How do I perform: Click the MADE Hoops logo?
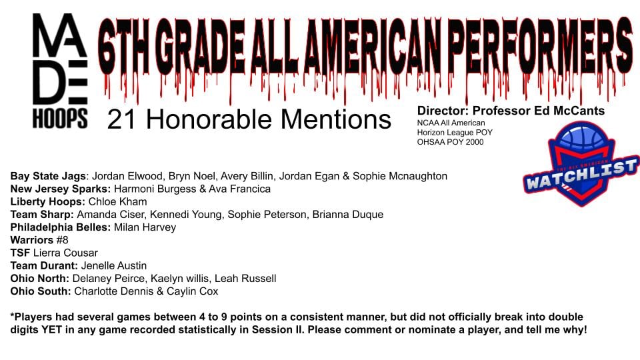[x=60, y=71]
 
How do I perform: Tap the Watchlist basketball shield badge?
[x=581, y=163]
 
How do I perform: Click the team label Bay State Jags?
[x=49, y=176]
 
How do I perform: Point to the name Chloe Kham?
[x=117, y=201]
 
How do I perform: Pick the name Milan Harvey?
[x=145, y=227]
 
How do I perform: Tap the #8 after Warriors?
[x=63, y=240]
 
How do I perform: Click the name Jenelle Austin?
[x=114, y=266]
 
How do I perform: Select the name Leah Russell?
[x=245, y=279]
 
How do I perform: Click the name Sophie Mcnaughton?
[x=400, y=176]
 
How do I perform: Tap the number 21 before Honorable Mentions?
[x=121, y=119]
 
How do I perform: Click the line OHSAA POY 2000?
[x=450, y=142]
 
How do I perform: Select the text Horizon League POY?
[x=455, y=132]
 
